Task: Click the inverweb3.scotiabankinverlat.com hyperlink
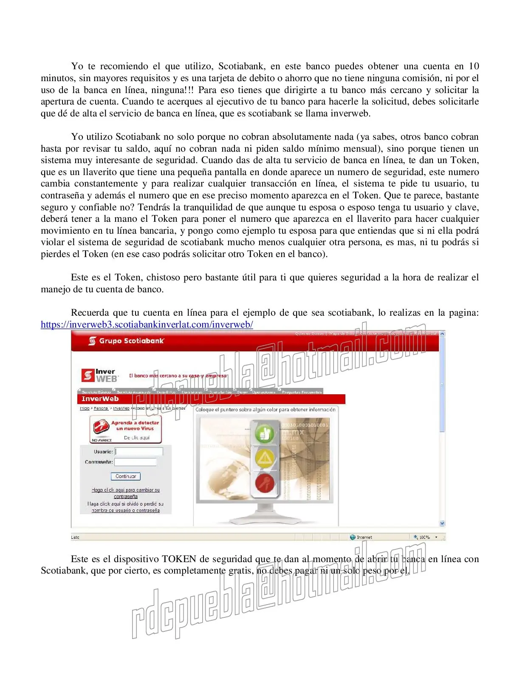coord(147,325)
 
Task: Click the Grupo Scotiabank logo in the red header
coord(127,341)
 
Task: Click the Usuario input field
coord(139,452)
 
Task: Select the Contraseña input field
coord(136,462)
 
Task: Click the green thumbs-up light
coord(266,434)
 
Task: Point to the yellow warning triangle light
coord(266,458)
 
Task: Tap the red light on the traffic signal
coord(266,483)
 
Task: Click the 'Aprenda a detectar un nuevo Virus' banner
coord(126,430)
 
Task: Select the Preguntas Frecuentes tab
coord(301,392)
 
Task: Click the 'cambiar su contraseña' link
coord(126,493)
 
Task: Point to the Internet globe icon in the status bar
coord(353,537)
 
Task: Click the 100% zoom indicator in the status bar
coord(424,537)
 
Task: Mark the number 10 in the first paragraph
coord(474,66)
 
